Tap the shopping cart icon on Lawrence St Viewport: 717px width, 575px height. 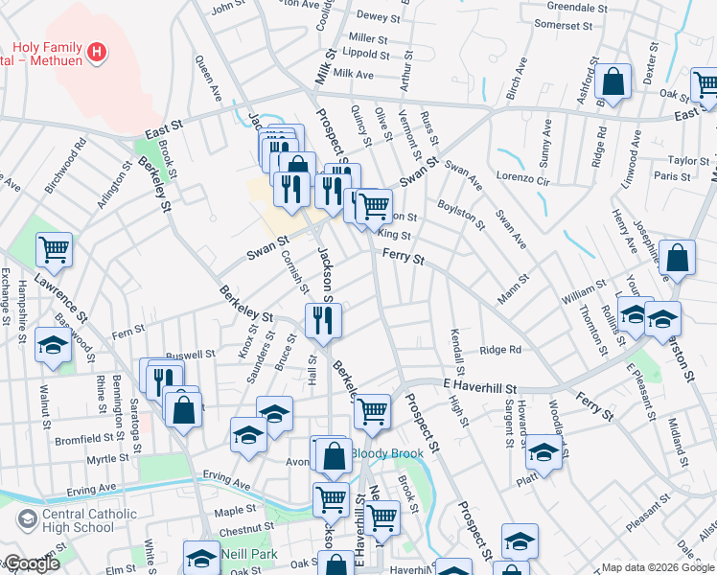tap(55, 249)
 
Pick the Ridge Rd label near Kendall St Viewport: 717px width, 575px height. tap(499, 351)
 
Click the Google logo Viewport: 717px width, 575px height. tap(31, 563)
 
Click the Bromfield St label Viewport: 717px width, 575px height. tap(83, 440)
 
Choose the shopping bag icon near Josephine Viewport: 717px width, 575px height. tap(677, 259)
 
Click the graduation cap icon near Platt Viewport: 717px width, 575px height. tap(544, 452)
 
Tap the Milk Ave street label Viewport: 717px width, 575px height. tap(353, 74)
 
